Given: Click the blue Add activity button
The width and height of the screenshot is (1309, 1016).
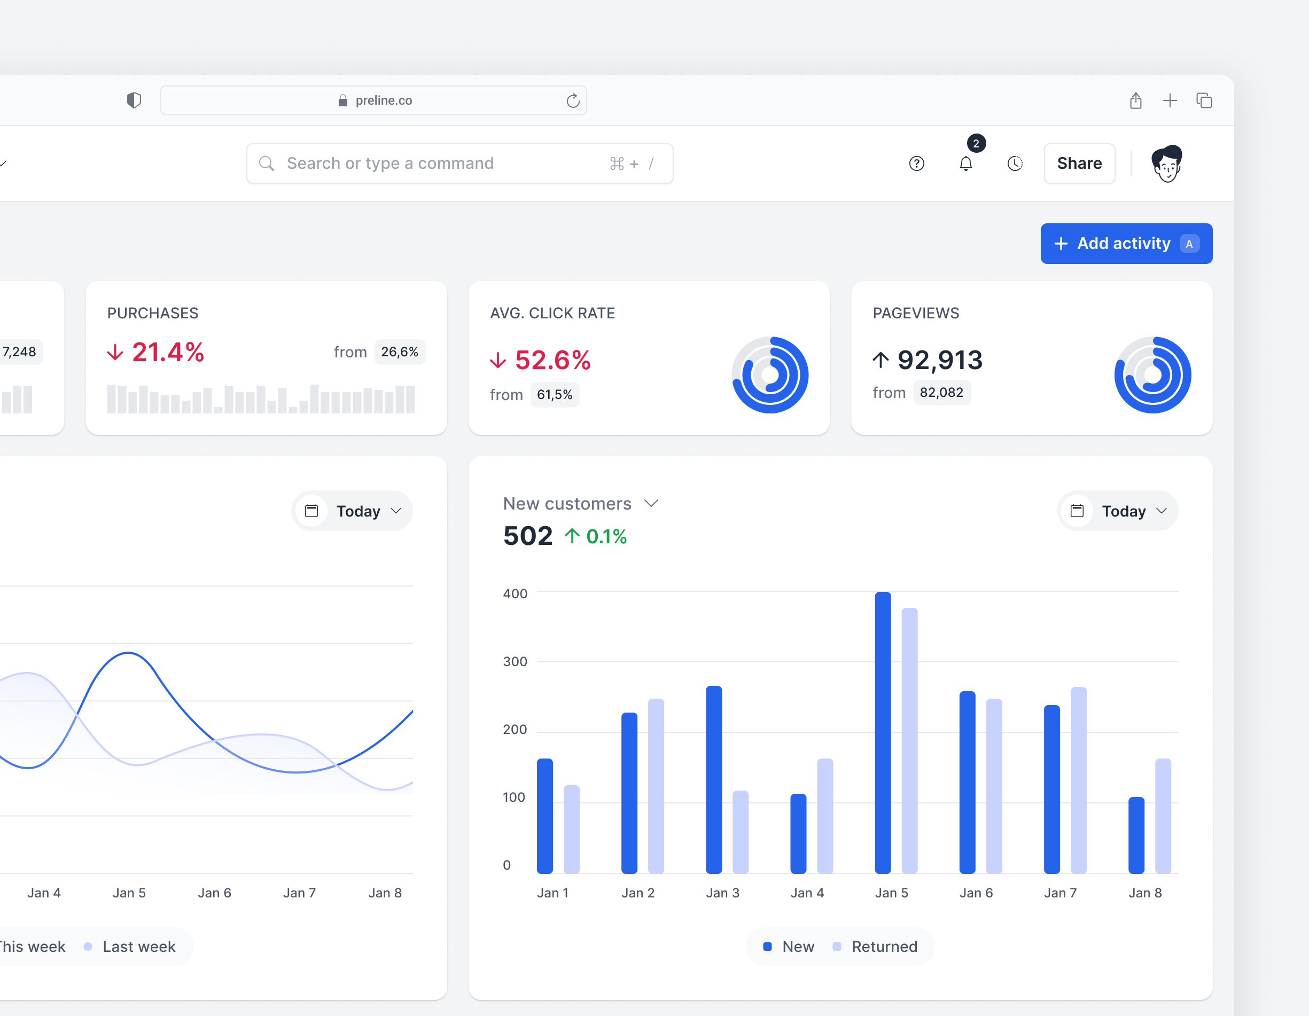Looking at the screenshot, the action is pyautogui.click(x=1126, y=244).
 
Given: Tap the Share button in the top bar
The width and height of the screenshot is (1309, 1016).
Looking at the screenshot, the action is pyautogui.click(x=1079, y=163).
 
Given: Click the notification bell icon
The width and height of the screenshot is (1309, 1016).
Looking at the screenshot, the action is pyautogui.click(x=965, y=163).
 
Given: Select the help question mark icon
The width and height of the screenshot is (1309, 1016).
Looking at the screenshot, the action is pyautogui.click(x=916, y=163).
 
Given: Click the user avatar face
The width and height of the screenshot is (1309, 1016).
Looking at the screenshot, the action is pyautogui.click(x=1166, y=163).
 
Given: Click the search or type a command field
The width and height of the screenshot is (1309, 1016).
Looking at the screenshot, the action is pyautogui.click(x=459, y=163).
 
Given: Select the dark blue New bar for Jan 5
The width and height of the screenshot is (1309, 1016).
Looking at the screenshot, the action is pyautogui.click(x=883, y=732).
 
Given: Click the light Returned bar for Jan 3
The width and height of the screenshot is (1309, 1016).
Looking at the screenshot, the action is pyautogui.click(x=741, y=832).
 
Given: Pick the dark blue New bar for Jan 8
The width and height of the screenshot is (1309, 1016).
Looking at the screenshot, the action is pyautogui.click(x=1136, y=835).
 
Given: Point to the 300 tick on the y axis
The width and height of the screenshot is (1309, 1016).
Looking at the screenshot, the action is pyautogui.click(x=515, y=661).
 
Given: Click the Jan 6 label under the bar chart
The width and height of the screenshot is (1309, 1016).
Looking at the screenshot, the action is pyautogui.click(x=976, y=893).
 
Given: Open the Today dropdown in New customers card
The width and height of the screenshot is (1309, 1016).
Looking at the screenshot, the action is pyautogui.click(x=1117, y=511).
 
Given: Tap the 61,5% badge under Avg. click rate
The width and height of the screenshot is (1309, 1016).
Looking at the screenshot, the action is pyautogui.click(x=555, y=394).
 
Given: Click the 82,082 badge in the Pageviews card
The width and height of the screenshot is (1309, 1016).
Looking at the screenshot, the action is pyautogui.click(x=941, y=393).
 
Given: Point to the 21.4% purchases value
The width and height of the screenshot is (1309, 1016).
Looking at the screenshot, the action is pyautogui.click(x=168, y=352).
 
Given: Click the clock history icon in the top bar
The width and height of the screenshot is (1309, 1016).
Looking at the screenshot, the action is pyautogui.click(x=1015, y=163).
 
